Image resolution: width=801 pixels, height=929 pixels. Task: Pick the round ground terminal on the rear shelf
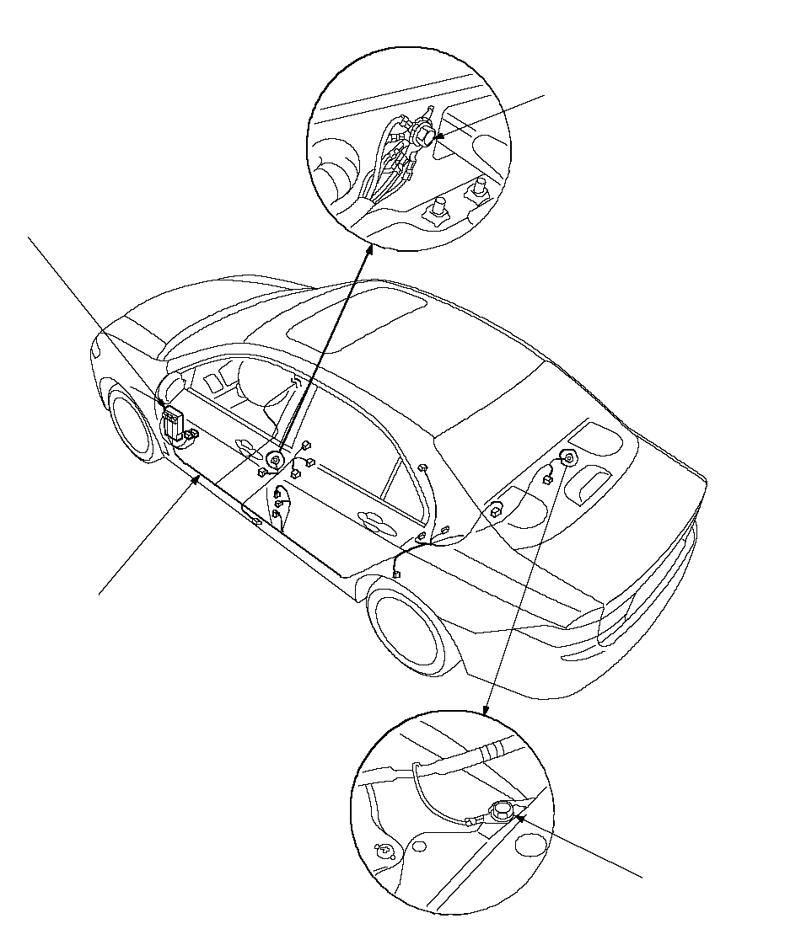coord(569,460)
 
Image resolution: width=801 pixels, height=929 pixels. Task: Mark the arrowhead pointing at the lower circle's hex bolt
coord(521,814)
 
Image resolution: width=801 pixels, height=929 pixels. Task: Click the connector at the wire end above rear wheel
coord(395,575)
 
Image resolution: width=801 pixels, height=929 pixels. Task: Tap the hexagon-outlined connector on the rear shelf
coord(496,509)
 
